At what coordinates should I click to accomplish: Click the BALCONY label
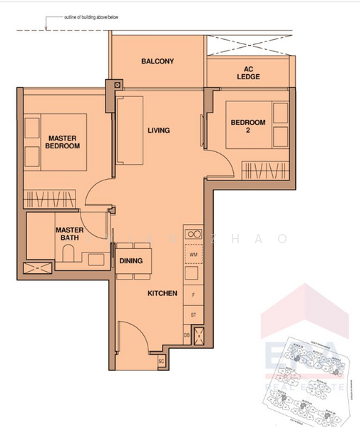pos(158,61)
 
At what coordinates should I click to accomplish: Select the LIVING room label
pos(158,131)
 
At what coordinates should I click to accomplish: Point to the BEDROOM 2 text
pos(247,126)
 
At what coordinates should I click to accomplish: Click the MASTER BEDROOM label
pos(63,141)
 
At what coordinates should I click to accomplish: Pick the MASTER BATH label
pos(70,234)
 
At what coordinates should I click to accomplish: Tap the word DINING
pos(130,261)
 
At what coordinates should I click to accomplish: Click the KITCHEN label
pos(162,293)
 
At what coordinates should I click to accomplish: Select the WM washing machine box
pos(193,254)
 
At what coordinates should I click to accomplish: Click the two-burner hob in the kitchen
pos(193,233)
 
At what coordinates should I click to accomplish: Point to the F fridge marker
pos(193,294)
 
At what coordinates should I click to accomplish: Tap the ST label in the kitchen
pos(193,314)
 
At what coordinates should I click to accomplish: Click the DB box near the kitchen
pos(187,335)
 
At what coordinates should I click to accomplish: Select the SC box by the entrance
pos(161,362)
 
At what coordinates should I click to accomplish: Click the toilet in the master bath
pos(68,254)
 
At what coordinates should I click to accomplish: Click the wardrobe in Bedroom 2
pos(264,171)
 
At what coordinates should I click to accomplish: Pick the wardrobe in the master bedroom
pos(48,198)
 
